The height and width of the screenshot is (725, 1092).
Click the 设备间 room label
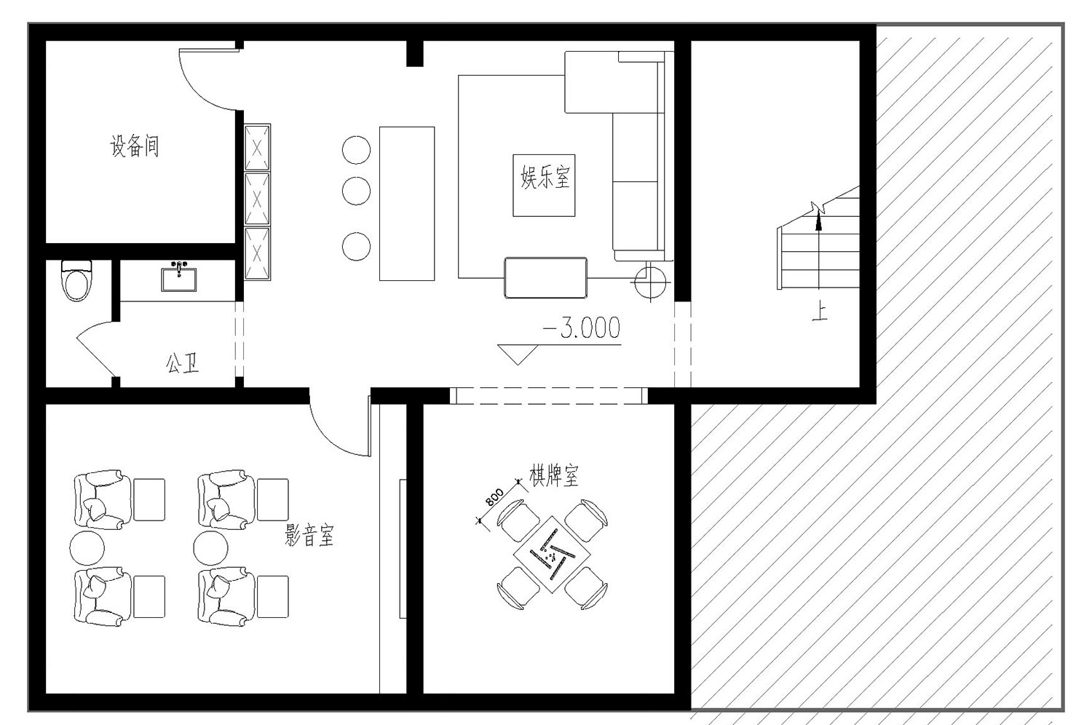click(135, 146)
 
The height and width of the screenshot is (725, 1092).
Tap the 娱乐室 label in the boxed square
click(545, 177)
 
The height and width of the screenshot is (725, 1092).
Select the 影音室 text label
click(309, 535)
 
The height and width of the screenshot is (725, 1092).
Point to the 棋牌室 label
click(554, 475)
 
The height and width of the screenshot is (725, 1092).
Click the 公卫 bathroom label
click(182, 364)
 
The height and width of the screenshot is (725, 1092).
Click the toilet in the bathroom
click(76, 280)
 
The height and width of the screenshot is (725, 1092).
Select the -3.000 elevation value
click(582, 328)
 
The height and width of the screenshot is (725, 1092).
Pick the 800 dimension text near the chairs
click(494, 498)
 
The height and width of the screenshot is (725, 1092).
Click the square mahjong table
click(552, 555)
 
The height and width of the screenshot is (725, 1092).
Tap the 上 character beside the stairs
click(820, 312)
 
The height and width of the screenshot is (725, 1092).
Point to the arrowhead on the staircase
click(818, 223)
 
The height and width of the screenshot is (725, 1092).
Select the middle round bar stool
click(357, 191)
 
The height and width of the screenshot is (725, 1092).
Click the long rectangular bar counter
click(407, 204)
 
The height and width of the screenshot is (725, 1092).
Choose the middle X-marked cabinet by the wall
click(257, 199)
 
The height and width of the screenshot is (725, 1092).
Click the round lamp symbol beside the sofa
click(650, 282)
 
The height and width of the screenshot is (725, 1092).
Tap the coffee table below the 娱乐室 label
click(545, 277)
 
